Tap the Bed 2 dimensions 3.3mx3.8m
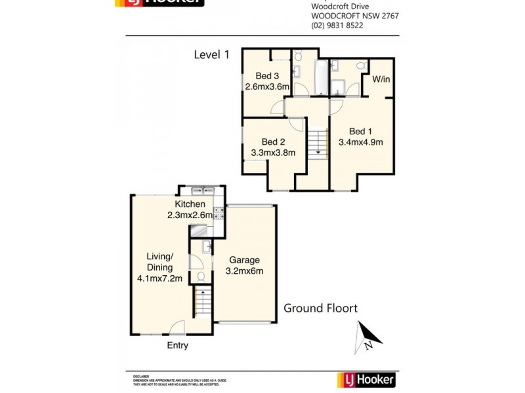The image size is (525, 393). pos(273,153)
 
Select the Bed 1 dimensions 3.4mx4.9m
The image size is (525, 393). pos(360,141)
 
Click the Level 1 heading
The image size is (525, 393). pos(211,55)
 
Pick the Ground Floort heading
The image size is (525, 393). pos(320,308)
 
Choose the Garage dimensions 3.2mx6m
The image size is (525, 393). pos(244,271)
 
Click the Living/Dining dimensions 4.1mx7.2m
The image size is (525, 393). pos(159,278)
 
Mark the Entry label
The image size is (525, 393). pos(177,345)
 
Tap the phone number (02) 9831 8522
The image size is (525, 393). pos(337,26)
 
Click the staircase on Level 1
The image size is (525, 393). pos(318,142)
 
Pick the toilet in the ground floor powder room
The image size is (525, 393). pos(202,278)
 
